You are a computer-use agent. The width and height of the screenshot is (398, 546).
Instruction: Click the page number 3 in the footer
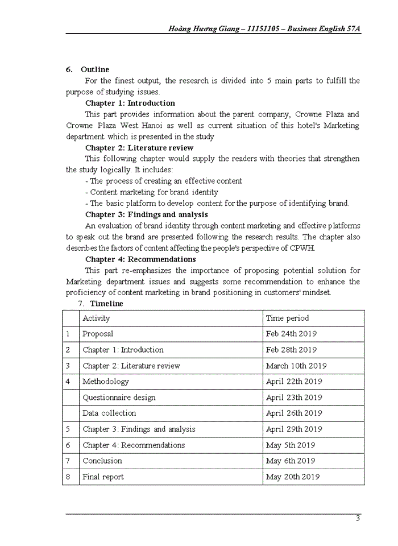tap(357, 518)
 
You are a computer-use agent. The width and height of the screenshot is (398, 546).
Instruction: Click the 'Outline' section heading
tap(94, 69)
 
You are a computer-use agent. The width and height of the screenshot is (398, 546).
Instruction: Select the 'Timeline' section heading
tap(106, 304)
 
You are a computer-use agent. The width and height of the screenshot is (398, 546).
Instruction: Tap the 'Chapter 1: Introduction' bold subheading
tap(130, 103)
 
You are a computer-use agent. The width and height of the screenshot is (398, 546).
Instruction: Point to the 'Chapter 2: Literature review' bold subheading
tap(139, 148)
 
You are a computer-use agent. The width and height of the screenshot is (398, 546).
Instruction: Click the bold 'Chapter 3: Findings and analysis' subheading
tap(146, 214)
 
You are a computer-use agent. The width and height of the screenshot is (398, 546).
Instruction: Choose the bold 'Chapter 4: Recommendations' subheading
tap(140, 259)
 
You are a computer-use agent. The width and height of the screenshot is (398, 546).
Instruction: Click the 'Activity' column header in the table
tap(96, 318)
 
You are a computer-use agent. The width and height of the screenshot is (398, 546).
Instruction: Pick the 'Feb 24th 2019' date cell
tap(291, 334)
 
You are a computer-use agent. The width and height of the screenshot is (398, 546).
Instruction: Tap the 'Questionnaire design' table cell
tap(119, 398)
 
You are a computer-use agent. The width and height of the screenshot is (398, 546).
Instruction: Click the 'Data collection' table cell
tap(109, 413)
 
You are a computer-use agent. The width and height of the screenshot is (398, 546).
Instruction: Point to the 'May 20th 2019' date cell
tap(292, 477)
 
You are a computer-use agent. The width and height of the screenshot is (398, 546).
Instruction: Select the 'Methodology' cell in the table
tap(106, 382)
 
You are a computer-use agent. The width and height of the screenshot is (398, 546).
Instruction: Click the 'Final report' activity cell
tap(103, 477)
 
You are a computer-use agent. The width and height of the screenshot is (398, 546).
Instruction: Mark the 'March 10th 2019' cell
tap(296, 366)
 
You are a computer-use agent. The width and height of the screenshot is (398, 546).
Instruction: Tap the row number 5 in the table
tap(68, 429)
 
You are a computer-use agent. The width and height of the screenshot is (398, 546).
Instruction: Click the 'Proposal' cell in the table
tap(98, 334)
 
